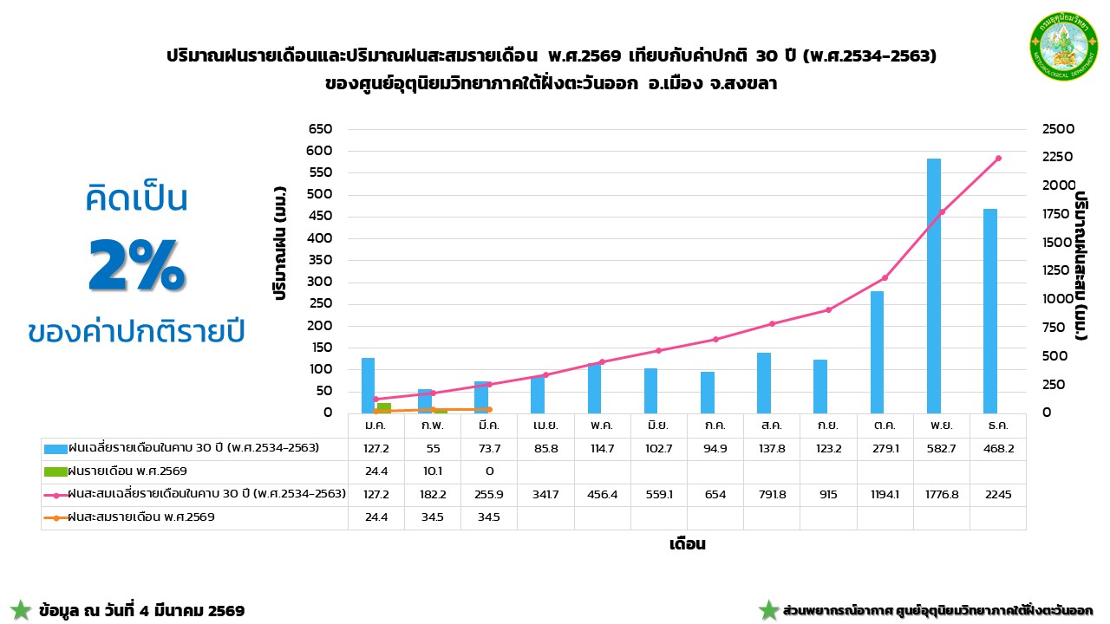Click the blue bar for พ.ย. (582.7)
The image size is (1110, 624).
pos(934,286)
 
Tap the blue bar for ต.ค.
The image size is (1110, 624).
pos(878,352)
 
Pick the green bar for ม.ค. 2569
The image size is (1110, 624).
pos(383,407)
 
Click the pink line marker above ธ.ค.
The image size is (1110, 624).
pos(998,159)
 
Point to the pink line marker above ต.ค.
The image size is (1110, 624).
pos(885,278)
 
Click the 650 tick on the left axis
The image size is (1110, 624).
pos(321,129)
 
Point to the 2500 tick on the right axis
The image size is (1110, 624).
pos(1058,129)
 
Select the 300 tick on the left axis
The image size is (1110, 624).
pos(321,282)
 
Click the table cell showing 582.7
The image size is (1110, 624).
pos(941,448)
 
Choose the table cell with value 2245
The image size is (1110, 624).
pos(997,494)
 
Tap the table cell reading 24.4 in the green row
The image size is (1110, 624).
pos(375,471)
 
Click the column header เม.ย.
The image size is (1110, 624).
pos(545,426)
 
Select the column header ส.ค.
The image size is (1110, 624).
pos(771,426)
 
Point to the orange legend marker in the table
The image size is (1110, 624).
pos(55,517)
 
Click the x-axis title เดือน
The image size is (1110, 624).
pos(687,544)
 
